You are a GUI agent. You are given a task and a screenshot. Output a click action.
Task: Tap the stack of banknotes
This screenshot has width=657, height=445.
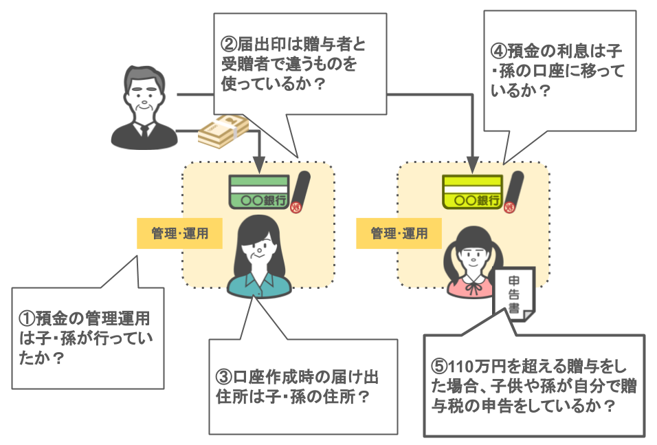point(222,131)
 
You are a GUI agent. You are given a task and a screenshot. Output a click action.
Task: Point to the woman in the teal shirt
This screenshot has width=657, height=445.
point(258,258)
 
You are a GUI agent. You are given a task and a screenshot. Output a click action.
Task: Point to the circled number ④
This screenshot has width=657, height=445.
point(499,51)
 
